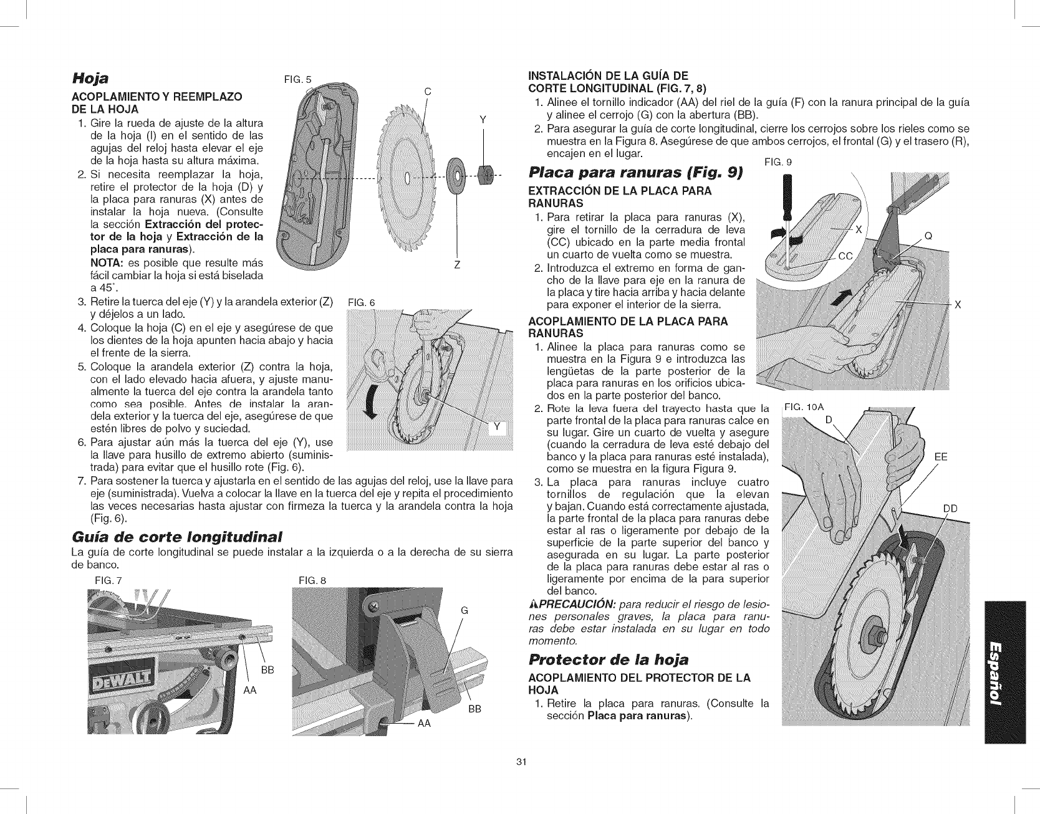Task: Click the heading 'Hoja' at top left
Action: tap(92, 79)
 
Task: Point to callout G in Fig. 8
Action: tap(463, 610)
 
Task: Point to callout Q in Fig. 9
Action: tap(928, 236)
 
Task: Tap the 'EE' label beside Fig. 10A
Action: tap(941, 457)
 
